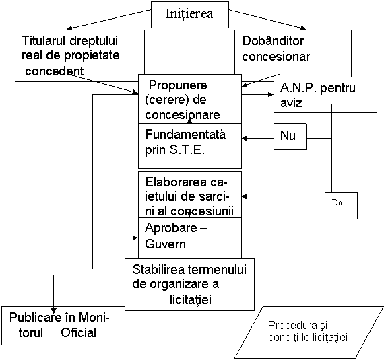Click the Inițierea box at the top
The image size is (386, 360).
click(x=190, y=15)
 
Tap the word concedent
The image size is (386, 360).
click(x=55, y=71)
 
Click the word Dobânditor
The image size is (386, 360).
click(x=273, y=41)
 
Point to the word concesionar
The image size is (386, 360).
click(x=276, y=57)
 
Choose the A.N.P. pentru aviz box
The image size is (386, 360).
click(x=325, y=95)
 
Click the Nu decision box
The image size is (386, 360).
click(x=290, y=137)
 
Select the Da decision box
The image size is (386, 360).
click(x=341, y=206)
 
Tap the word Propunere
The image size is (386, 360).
click(x=178, y=86)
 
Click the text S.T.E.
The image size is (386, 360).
click(x=187, y=150)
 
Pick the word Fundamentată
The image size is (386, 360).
click(x=185, y=135)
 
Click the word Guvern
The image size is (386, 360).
click(x=165, y=244)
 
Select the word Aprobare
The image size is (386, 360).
click(x=171, y=228)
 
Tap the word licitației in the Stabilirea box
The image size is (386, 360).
click(x=191, y=299)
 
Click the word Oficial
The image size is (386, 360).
click(x=79, y=333)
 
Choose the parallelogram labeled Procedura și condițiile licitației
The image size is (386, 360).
click(x=309, y=332)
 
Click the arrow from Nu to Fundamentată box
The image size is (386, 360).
click(x=258, y=139)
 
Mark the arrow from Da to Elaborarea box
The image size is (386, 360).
click(x=284, y=196)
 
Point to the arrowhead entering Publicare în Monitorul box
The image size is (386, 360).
click(x=54, y=310)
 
